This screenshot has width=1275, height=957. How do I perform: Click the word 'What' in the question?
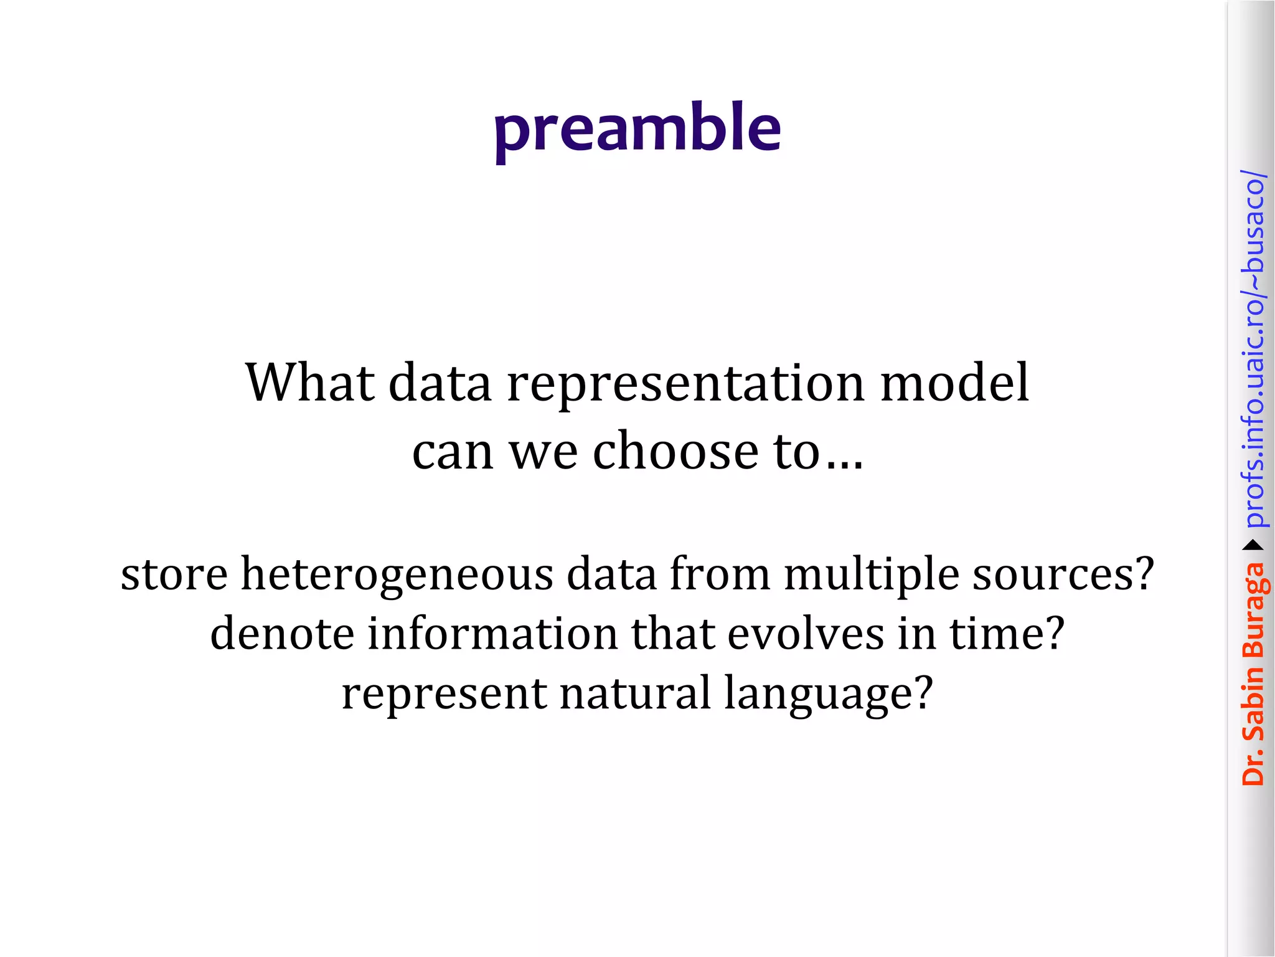click(310, 382)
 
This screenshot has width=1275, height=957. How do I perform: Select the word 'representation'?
click(685, 384)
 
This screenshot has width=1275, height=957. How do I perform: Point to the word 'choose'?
click(675, 450)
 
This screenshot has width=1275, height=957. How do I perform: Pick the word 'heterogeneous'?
click(397, 574)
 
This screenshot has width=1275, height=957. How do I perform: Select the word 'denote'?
click(282, 633)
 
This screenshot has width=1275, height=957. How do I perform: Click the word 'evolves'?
click(806, 633)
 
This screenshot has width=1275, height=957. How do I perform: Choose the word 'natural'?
click(635, 693)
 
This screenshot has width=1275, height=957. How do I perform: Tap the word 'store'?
click(174, 574)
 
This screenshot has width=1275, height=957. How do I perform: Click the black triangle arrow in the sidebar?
click(1253, 546)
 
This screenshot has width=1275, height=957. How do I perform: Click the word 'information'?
click(492, 633)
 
